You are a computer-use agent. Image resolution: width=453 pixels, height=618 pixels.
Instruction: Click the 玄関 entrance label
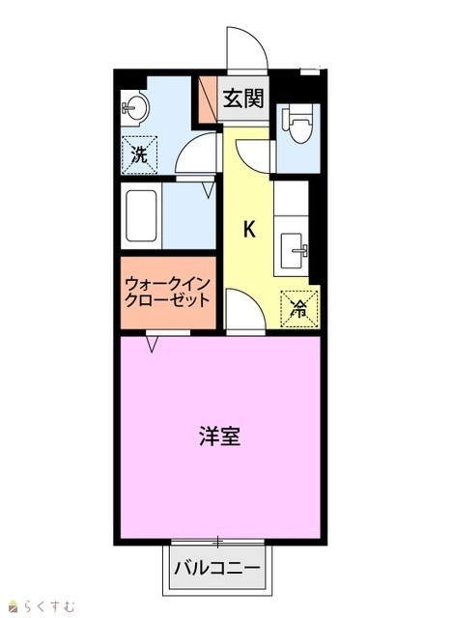coord(243,98)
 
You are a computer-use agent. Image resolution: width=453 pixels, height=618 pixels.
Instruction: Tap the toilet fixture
coord(298,123)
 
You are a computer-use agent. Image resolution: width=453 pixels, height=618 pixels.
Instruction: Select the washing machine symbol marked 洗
coord(139,154)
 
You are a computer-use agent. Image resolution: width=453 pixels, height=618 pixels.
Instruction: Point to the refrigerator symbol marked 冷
coord(298,309)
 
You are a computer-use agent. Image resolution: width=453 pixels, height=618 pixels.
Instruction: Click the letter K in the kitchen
coord(249,230)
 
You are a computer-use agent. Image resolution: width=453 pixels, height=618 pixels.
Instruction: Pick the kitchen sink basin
coord(294,250)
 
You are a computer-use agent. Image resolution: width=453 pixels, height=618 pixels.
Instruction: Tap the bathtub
coord(141,215)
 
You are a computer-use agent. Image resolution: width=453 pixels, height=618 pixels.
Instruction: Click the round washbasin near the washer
coord(134,108)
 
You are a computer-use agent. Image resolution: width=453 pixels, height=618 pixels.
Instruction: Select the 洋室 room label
coord(219,435)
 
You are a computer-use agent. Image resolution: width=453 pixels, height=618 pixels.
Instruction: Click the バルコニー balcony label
coord(217,568)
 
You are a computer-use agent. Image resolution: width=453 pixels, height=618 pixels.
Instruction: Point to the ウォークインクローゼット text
coord(167,292)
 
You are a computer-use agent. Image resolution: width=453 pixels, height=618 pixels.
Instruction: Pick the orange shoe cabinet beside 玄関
coord(208,99)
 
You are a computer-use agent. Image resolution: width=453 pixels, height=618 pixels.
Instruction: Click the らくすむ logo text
coord(48,606)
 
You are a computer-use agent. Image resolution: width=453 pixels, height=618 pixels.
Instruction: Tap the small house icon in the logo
coord(14,605)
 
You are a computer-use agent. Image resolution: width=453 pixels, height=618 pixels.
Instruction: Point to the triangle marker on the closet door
coord(153,344)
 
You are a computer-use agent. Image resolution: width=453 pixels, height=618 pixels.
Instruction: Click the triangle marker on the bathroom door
coord(209,189)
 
